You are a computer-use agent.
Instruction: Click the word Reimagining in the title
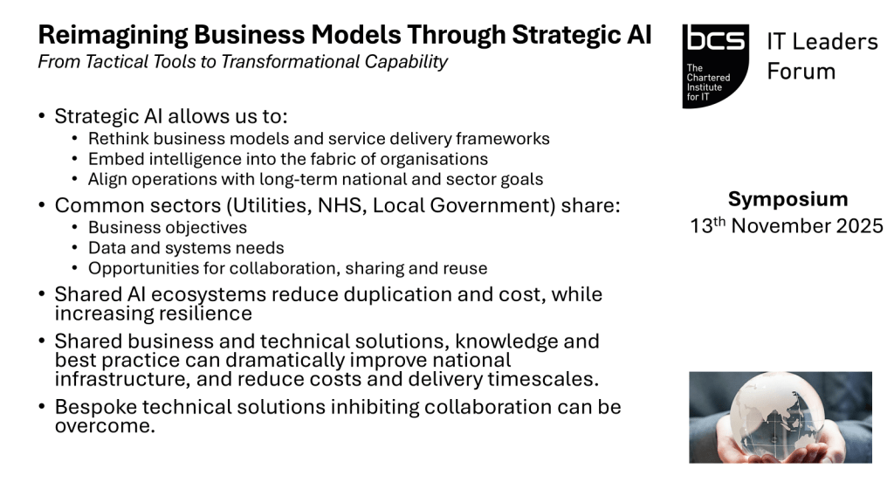(x=113, y=36)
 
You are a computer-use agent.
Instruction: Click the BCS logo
(x=716, y=66)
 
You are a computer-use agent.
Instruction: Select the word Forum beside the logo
(x=801, y=72)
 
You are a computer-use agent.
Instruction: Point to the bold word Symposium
(x=788, y=199)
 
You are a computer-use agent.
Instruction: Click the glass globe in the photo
(x=776, y=413)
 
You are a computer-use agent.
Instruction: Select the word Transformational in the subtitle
(x=292, y=62)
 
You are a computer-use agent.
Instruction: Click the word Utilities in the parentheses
(x=268, y=205)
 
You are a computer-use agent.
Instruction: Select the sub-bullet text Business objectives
(x=168, y=228)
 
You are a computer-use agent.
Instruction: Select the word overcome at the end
(x=105, y=426)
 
